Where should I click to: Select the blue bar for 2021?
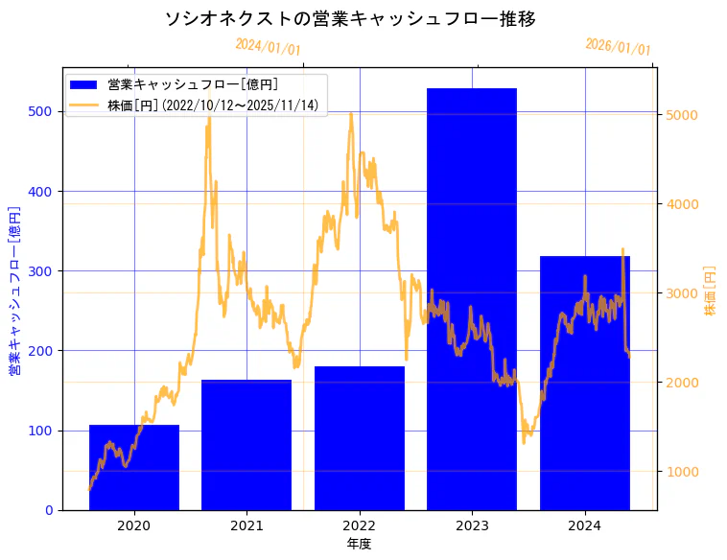pos(246,445)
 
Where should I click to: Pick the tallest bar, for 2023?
pos(472,298)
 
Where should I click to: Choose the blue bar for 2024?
pos(585,383)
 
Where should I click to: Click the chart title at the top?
pos(350,19)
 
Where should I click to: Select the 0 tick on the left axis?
pos(50,510)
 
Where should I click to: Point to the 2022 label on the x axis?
pos(360,525)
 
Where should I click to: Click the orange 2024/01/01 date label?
pos(268,46)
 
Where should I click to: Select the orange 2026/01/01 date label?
pos(618,47)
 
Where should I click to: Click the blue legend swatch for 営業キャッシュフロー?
pos(85,85)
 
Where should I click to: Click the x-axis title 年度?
pos(360,544)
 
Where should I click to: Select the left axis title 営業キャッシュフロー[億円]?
pos(15,289)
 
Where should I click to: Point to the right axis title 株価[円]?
pos(711,291)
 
